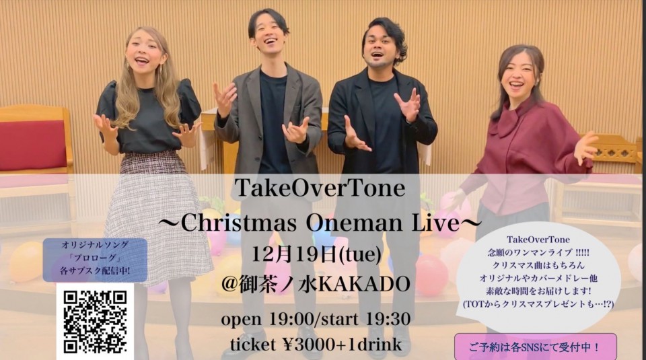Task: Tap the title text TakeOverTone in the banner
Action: coord(320,188)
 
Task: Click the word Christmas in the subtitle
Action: coord(239,223)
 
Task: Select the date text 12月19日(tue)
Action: coord(316,254)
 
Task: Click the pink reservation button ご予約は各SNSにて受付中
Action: coord(536,347)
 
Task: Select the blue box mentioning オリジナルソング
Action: coord(95,260)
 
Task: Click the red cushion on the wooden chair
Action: coord(33,145)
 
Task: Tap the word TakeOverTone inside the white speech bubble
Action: coord(538,240)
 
